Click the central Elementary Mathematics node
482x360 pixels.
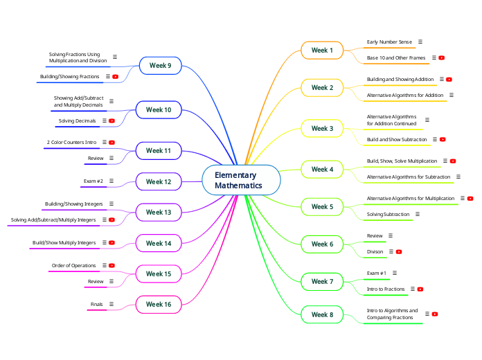(241, 181)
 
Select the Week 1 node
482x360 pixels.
(322, 51)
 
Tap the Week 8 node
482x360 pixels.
(322, 314)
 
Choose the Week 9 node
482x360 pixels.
(160, 66)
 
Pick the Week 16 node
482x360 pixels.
(159, 304)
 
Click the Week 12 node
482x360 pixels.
(159, 181)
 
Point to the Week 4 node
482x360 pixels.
(322, 169)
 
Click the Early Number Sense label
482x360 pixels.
(389, 42)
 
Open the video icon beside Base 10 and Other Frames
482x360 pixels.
(442, 58)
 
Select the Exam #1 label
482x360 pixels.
(377, 273)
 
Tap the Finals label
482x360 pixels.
(96, 304)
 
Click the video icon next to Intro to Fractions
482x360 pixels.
(420, 289)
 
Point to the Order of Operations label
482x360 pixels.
(73, 266)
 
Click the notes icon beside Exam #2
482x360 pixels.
(111, 181)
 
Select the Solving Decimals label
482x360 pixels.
(78, 120)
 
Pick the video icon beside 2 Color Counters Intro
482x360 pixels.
(112, 143)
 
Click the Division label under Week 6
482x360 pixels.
(375, 251)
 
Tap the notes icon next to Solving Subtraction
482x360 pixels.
(418, 215)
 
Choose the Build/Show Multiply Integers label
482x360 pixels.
(64, 243)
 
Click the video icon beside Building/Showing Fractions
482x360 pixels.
(116, 77)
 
